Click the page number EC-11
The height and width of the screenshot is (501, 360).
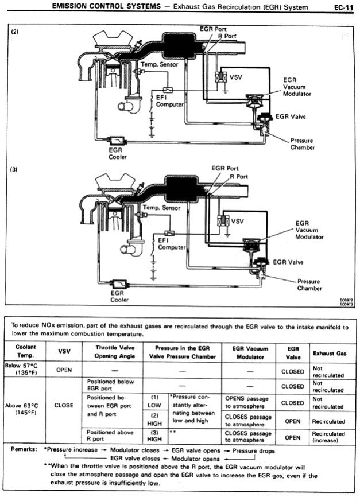343,7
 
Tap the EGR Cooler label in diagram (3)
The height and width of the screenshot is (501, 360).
119,296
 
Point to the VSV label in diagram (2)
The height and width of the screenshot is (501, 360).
235,76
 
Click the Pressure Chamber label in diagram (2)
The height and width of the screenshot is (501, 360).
302,143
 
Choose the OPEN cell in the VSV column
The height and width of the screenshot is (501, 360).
64,370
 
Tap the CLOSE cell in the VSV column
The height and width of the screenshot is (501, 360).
64,405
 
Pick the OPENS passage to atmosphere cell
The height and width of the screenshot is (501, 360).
246,402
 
